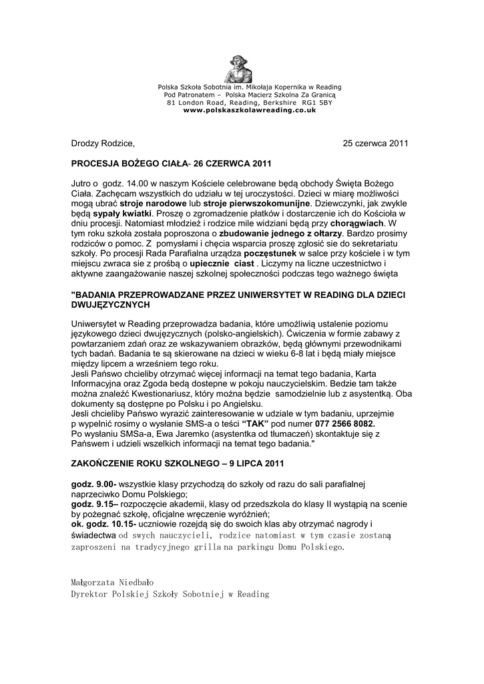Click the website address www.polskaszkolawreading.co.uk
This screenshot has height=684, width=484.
click(x=250, y=110)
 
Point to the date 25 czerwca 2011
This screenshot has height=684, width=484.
click(x=375, y=143)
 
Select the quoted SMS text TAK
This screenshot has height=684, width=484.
click(x=256, y=423)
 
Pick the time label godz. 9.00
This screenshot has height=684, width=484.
click(x=93, y=483)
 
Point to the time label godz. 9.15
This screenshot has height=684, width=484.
click(x=93, y=504)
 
